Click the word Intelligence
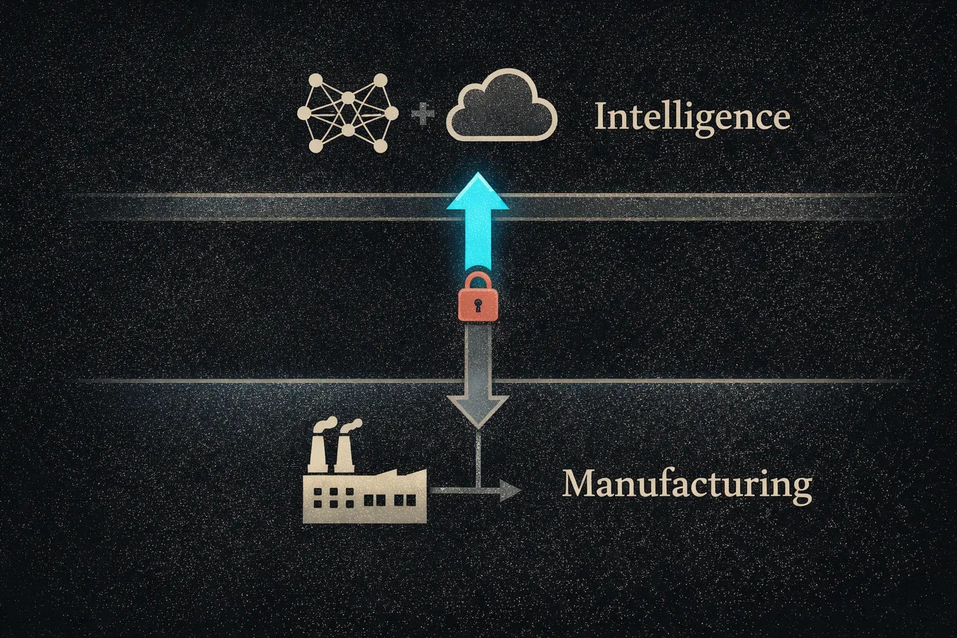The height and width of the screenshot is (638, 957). [692, 117]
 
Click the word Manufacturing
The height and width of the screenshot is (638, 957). [687, 484]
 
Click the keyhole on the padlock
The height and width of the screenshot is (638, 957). [478, 306]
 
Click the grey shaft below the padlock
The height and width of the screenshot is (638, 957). [477, 355]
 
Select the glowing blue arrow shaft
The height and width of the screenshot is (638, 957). [478, 240]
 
